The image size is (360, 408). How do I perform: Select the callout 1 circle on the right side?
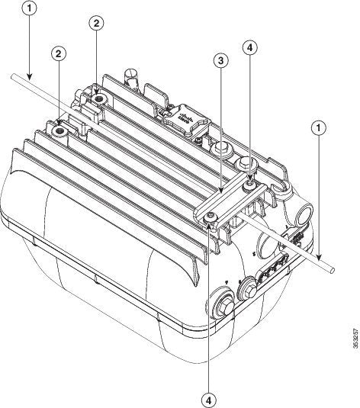(318, 129)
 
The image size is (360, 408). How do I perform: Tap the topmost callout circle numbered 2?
(96, 24)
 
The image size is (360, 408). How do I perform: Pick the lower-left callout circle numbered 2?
(58, 53)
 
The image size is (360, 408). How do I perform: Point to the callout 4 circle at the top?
(250, 47)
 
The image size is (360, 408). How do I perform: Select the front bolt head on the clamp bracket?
(211, 219)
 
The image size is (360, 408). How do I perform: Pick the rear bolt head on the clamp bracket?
(249, 184)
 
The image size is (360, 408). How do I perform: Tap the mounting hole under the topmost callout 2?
(100, 99)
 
